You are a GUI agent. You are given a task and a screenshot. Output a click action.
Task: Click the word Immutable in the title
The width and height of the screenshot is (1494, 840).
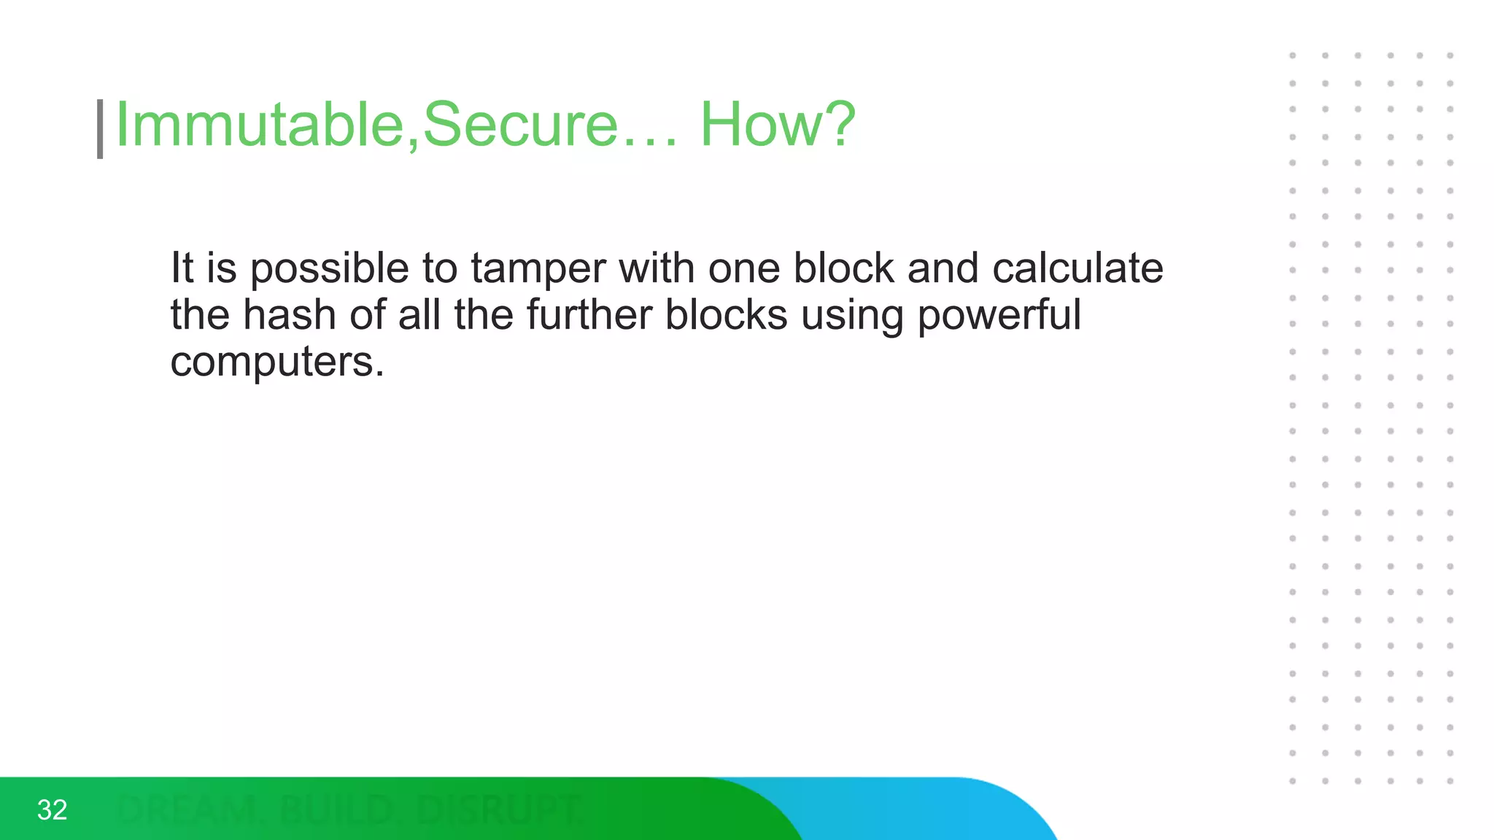click(260, 125)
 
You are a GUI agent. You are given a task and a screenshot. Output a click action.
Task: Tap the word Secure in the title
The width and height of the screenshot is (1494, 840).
click(520, 125)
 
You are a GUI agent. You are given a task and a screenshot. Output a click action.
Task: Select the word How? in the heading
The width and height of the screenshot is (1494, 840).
click(778, 125)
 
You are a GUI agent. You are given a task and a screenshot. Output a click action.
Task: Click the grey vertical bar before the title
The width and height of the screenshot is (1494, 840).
click(100, 129)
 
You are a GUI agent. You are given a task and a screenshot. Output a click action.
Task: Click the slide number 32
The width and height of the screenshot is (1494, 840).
click(52, 810)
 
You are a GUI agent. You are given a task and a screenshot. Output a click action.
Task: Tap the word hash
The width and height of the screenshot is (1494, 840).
click(289, 315)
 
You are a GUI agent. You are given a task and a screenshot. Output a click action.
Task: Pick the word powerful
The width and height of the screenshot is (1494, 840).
click(999, 316)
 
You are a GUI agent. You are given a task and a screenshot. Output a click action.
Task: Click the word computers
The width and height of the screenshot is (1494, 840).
click(276, 362)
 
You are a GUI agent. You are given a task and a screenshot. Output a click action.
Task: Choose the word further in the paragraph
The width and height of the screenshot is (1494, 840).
click(589, 315)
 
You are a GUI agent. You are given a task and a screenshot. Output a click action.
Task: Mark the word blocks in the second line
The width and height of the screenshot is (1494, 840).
click(727, 315)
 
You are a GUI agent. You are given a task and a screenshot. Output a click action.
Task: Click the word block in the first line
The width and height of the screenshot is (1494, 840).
click(843, 268)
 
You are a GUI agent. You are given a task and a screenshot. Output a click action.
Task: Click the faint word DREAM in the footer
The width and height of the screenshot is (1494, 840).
click(187, 810)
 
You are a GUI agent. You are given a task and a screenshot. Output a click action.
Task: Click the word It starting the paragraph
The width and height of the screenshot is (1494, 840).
click(182, 268)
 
